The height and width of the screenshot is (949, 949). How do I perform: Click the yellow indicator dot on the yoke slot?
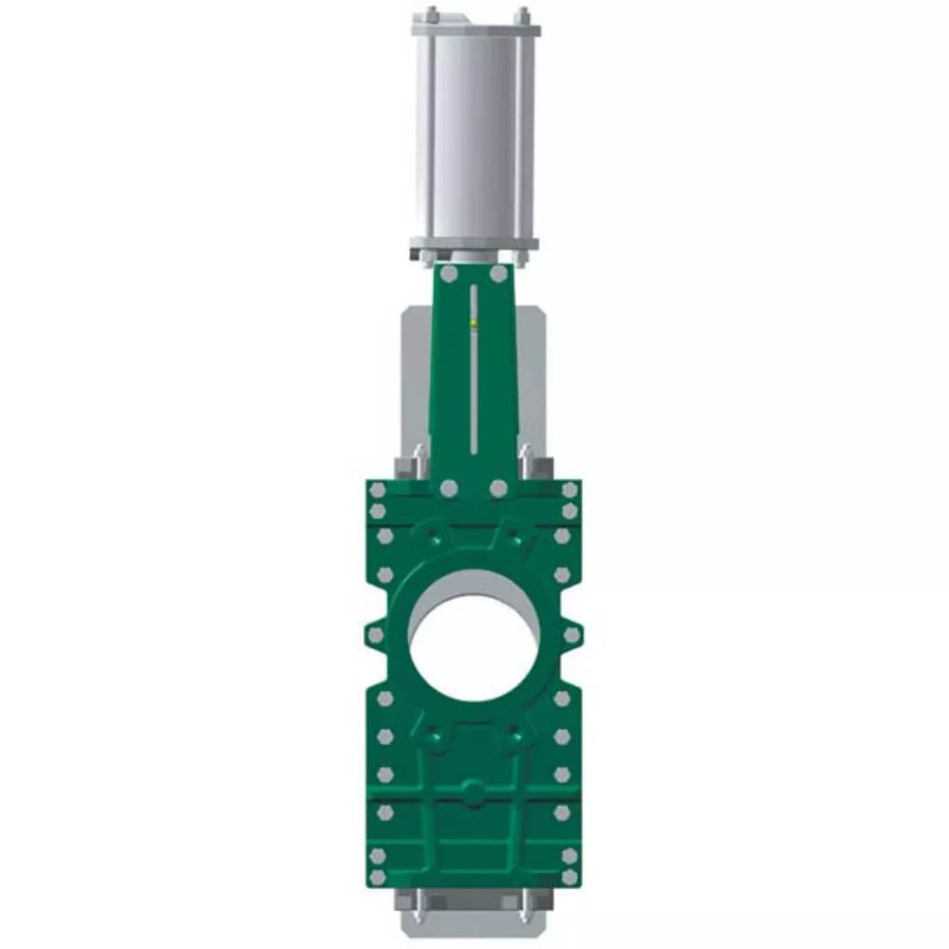click(x=473, y=323)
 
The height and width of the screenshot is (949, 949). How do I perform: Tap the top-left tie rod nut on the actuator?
click(x=430, y=14)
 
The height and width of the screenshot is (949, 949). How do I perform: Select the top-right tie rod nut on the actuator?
click(x=521, y=14)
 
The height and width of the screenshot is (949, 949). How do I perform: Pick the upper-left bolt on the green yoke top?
click(x=449, y=274)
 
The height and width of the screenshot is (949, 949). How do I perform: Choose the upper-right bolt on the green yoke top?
click(x=498, y=274)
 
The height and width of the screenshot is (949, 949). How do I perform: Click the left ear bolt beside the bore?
click(x=376, y=633)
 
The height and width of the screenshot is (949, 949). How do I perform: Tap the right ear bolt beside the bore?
click(x=571, y=633)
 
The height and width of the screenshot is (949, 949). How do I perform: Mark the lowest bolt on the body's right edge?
click(x=569, y=879)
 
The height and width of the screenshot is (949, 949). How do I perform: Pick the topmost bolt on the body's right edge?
click(x=569, y=490)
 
